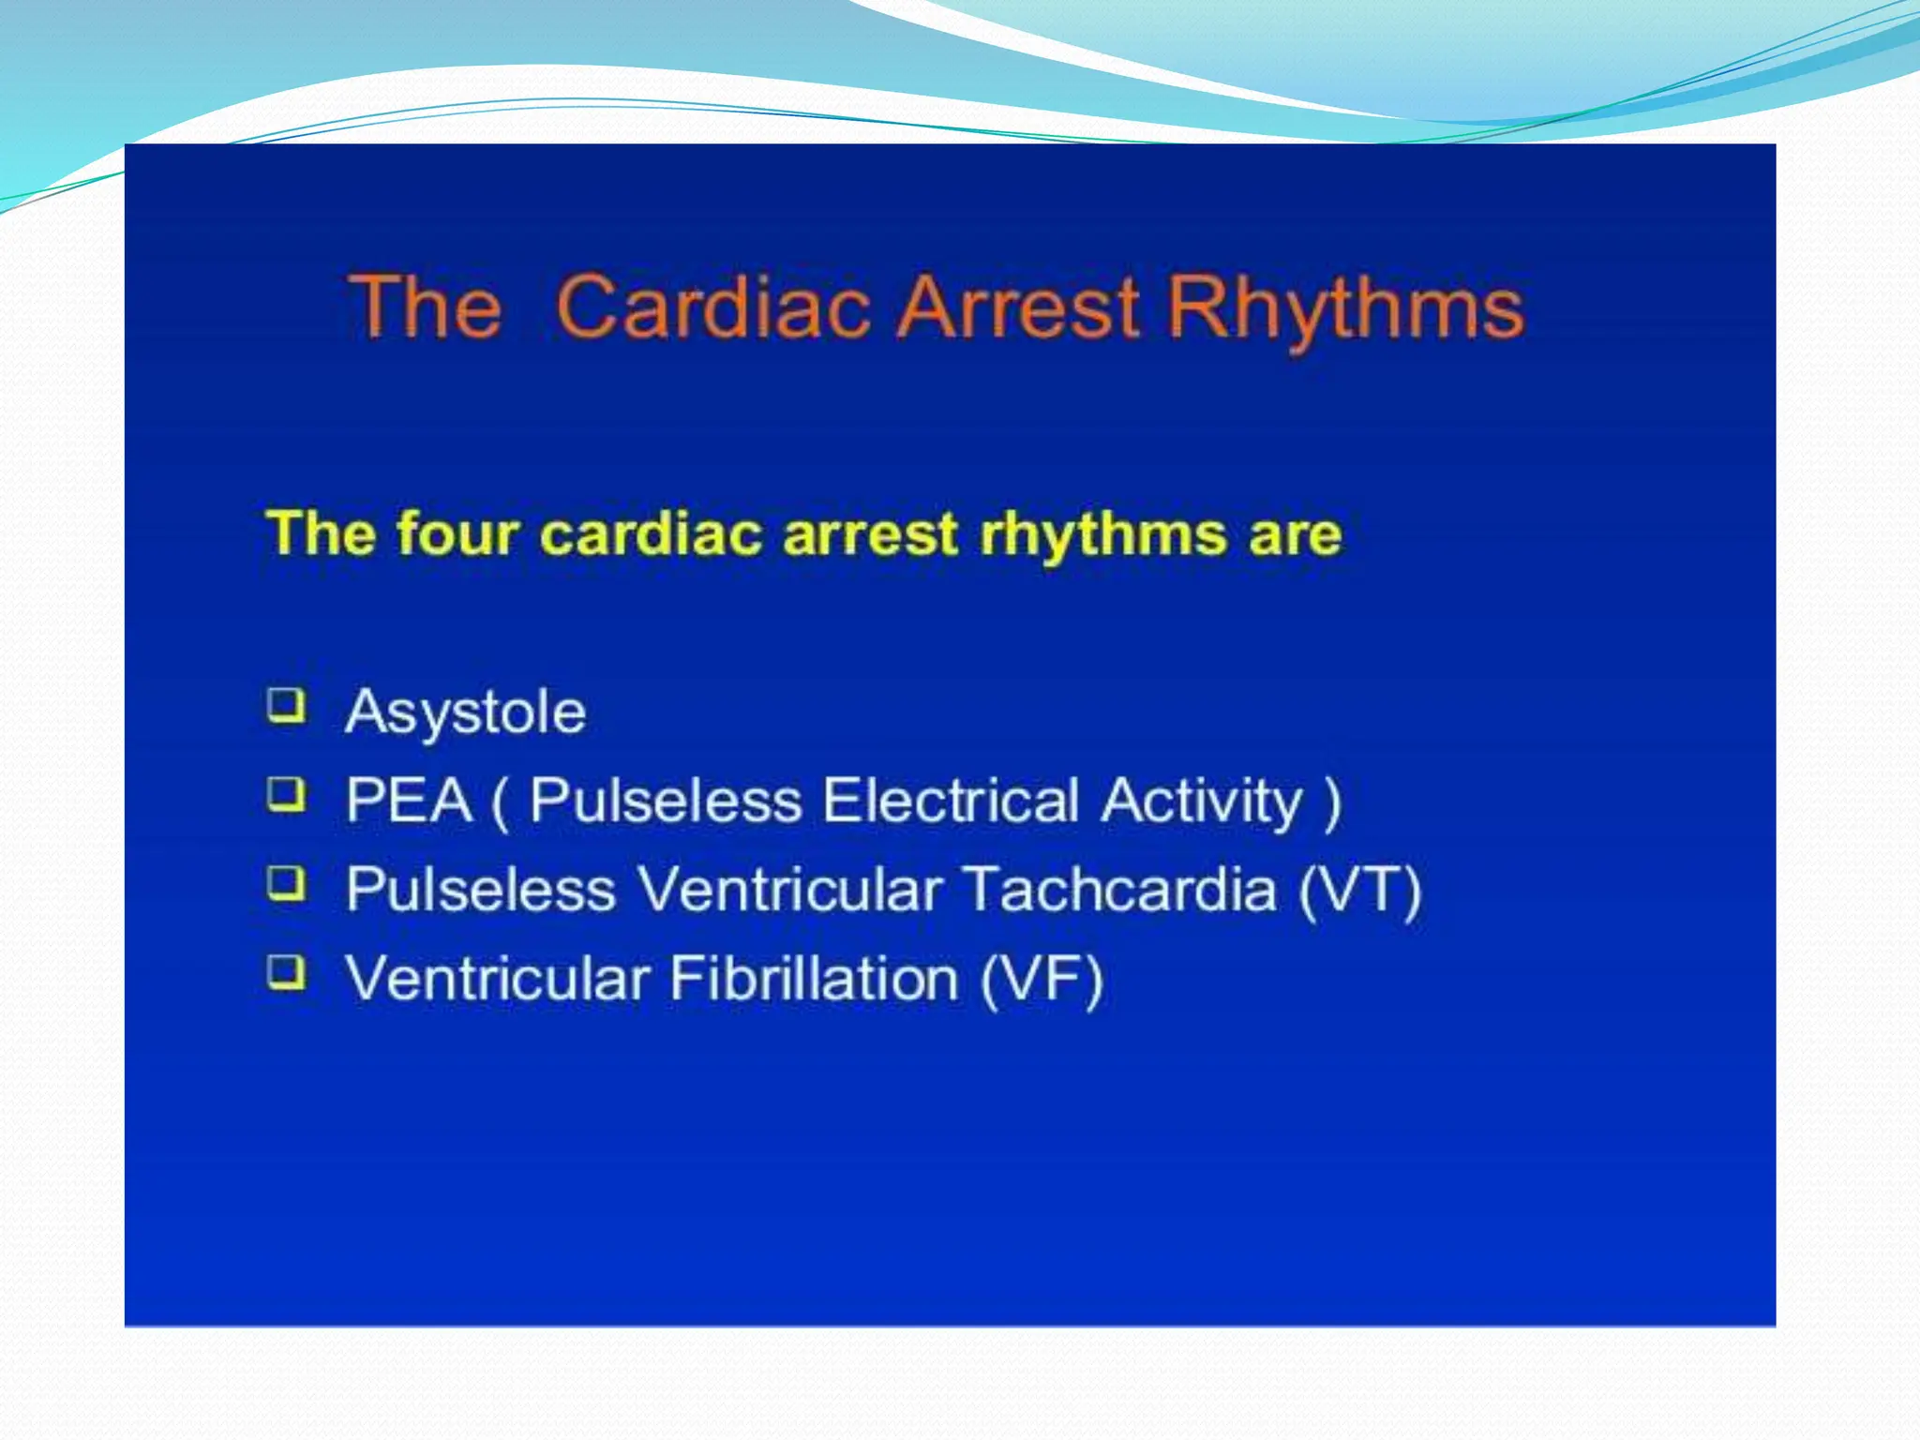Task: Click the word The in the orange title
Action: (x=427, y=307)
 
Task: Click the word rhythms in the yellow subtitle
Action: (x=1102, y=534)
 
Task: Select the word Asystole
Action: (x=466, y=712)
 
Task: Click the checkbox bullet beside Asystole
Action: (x=287, y=706)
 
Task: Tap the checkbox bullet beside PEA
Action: (x=287, y=795)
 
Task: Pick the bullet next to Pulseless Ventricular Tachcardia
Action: (x=287, y=883)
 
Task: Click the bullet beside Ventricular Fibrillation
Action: (x=287, y=972)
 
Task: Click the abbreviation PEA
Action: (x=409, y=801)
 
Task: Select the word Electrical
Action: (x=950, y=801)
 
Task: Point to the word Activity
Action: (x=1202, y=802)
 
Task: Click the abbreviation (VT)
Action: (x=1360, y=889)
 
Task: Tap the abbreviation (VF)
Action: (x=1042, y=979)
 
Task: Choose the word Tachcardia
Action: (x=1119, y=889)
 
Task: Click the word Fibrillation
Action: (x=814, y=979)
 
